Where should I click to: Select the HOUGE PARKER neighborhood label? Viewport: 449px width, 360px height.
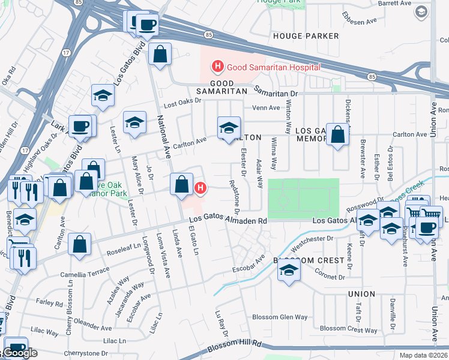click(306, 36)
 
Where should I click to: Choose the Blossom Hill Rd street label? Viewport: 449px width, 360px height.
click(235, 346)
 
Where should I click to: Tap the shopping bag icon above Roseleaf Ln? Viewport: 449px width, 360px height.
click(79, 245)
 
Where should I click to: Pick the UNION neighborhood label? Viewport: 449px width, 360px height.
click(361, 294)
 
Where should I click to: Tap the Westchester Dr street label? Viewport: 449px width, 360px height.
click(312, 239)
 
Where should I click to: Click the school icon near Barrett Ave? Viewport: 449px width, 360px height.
click(422, 11)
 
